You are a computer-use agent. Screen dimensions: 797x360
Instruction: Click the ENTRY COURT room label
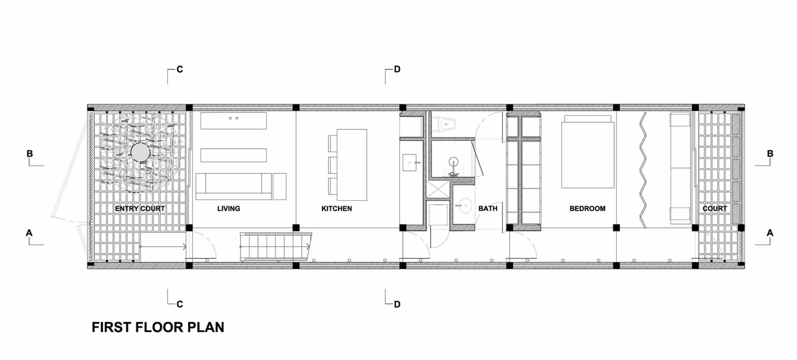coord(140,208)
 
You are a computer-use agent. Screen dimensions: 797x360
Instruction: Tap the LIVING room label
coord(229,208)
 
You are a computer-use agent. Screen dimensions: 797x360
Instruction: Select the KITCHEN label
coord(337,208)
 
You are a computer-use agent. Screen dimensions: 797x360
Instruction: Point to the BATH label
coord(488,208)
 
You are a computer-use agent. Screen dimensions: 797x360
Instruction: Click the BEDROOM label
coord(587,208)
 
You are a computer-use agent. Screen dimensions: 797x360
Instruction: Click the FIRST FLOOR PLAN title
coord(158,327)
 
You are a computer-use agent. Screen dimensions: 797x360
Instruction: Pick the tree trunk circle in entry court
coord(140,153)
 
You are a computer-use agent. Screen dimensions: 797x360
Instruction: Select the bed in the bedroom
coord(588,152)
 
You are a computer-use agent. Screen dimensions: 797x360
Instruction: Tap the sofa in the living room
coord(234,186)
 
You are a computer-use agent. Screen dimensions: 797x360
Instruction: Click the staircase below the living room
coord(276,246)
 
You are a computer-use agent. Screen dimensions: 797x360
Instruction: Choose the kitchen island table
coord(352,164)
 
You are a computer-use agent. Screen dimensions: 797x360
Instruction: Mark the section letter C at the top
coord(180,69)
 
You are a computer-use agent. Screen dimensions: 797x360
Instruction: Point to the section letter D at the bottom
coord(397,304)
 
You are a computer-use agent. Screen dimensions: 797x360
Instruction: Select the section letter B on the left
coord(29,154)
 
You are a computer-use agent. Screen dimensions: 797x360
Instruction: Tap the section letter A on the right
coord(770,233)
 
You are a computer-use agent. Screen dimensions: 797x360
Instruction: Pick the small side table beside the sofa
coord(279,186)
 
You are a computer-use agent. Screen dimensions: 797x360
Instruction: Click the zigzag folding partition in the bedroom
coord(643,170)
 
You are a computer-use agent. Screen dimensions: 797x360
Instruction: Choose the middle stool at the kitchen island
coord(332,165)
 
